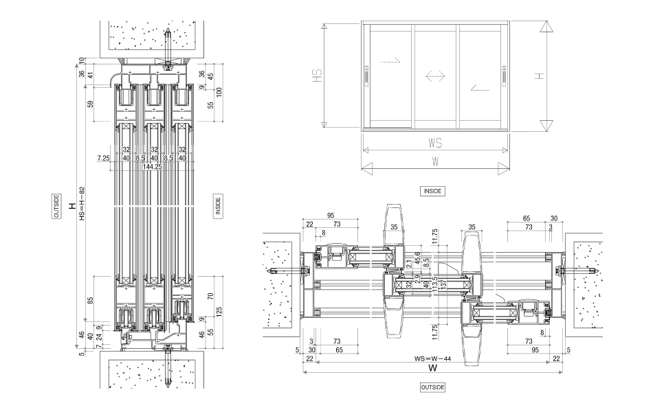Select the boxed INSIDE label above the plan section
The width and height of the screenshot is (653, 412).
pyautogui.click(x=432, y=192)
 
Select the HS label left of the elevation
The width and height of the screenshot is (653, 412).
pyautogui.click(x=318, y=75)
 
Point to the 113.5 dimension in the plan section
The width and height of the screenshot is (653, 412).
pyautogui.click(x=435, y=284)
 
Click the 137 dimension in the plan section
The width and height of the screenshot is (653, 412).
pyautogui.click(x=444, y=284)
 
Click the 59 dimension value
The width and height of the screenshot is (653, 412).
pyautogui.click(x=91, y=104)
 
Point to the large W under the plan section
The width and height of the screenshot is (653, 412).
pyautogui.click(x=432, y=367)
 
